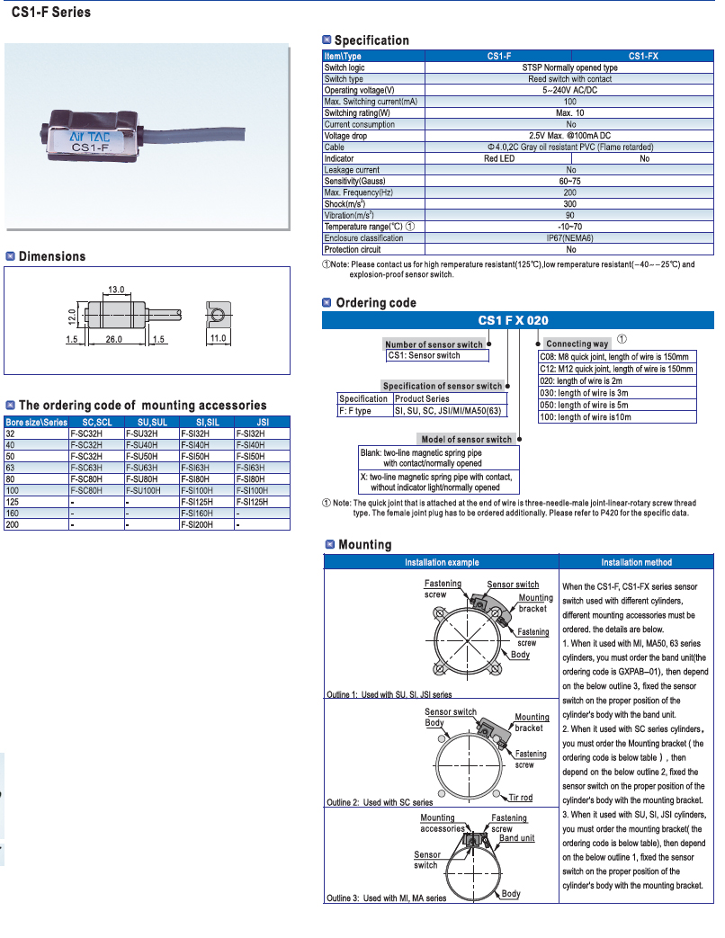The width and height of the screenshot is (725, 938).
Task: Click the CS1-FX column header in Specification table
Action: pos(643,56)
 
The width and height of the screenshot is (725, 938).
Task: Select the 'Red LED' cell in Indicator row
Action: pos(499,158)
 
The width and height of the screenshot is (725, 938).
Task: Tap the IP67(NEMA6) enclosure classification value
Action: pos(570,238)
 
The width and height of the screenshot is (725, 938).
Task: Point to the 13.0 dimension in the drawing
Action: pos(116,290)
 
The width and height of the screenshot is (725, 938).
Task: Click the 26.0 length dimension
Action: pos(114,339)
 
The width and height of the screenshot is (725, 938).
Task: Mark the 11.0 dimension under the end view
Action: pos(217,339)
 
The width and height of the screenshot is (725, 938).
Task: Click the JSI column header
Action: pos(263,422)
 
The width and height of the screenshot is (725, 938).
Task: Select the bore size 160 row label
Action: pos(13,513)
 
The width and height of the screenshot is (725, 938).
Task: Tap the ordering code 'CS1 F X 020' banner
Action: pos(513,320)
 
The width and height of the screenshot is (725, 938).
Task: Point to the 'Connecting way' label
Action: pos(577,344)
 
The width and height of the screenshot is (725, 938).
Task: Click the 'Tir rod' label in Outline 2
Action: pos(520,797)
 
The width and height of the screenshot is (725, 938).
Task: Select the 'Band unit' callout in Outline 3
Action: pos(517,838)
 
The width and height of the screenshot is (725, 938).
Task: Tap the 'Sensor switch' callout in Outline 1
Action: pos(513,585)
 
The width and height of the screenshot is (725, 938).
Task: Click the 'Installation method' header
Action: pos(636,562)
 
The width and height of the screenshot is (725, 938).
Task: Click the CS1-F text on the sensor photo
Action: pos(91,147)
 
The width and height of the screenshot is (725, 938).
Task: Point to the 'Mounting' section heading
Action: pos(364,544)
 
